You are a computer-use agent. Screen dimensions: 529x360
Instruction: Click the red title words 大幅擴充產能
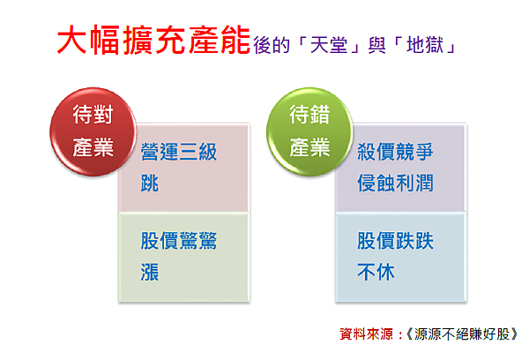(153, 40)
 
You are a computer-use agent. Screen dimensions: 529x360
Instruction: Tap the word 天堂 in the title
(329, 45)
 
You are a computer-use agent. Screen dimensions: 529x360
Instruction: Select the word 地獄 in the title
(425, 45)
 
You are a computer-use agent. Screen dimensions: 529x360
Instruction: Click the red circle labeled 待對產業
(93, 131)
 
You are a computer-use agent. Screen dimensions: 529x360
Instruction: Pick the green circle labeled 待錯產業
(309, 131)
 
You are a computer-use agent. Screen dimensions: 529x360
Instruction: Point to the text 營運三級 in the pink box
(179, 152)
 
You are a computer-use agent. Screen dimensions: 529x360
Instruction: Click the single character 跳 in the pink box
(150, 183)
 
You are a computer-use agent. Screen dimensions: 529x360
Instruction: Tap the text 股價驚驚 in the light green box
(179, 241)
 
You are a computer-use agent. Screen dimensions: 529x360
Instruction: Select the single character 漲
(150, 272)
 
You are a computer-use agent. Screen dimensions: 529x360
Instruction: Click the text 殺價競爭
(395, 152)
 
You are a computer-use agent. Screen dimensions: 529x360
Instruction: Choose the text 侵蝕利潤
(395, 183)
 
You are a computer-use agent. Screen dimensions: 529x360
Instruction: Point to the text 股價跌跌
(395, 241)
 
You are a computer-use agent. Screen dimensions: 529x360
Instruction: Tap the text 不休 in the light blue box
(376, 272)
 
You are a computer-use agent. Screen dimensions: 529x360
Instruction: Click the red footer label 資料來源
(367, 334)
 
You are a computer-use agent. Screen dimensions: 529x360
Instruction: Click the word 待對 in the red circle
(93, 115)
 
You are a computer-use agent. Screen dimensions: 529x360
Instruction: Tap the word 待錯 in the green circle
(309, 115)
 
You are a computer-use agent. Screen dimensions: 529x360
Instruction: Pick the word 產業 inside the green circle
(309, 147)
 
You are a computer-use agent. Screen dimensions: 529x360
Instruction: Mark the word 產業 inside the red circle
(93, 147)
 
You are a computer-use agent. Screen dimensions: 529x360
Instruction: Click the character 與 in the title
(376, 45)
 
